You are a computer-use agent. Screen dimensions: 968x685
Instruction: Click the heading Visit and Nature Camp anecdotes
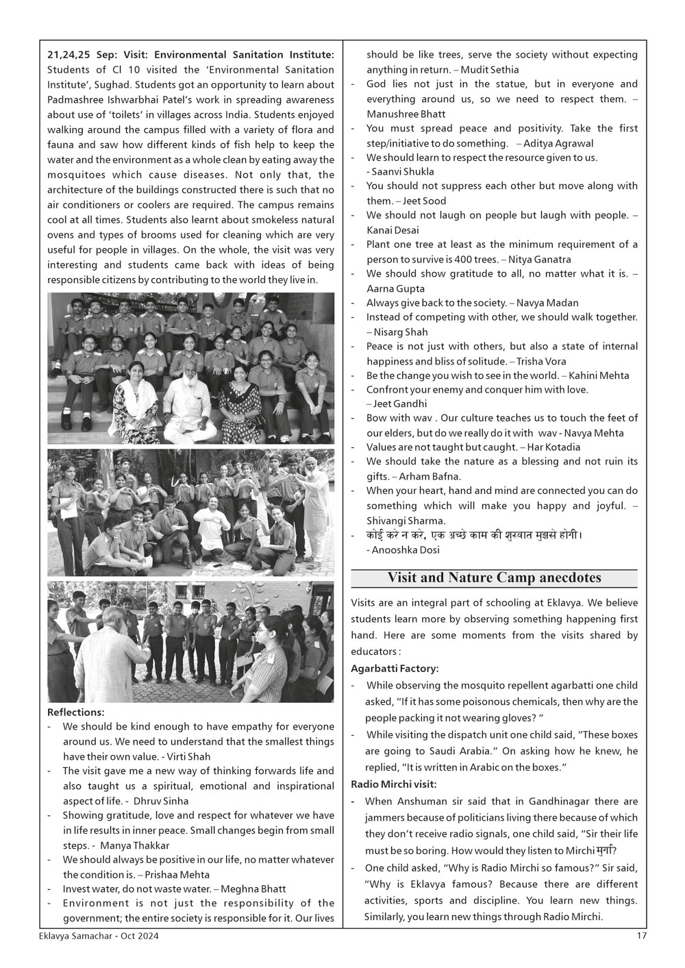494,578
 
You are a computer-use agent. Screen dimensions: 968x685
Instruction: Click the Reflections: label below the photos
75,712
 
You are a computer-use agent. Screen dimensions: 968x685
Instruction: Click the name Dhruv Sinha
161,801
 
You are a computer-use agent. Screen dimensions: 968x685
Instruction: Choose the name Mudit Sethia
490,70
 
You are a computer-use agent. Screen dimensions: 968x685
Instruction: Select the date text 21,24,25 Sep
82,54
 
